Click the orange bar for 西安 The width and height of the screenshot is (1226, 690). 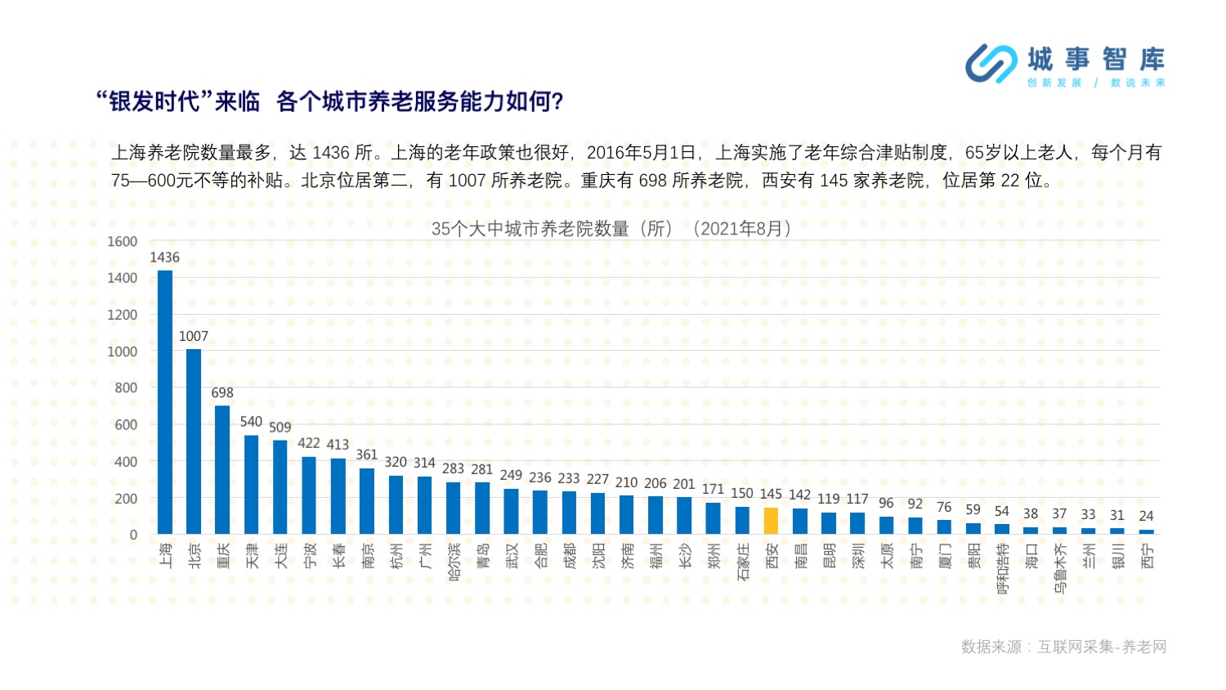771,520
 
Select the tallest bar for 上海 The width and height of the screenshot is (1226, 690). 165,402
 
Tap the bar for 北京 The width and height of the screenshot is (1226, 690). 194,441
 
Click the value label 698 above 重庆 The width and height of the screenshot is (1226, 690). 222,392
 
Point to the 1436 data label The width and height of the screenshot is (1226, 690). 165,258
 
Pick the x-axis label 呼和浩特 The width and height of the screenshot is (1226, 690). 1002,568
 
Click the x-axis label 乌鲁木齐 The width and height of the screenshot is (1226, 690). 1060,568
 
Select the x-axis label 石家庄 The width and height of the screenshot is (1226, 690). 742,562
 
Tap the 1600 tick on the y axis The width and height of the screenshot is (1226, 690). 122,241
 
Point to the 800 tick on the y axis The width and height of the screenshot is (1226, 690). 126,388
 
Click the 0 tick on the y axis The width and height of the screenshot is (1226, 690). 133,535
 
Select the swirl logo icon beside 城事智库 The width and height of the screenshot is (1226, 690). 991,64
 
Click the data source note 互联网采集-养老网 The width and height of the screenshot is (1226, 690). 1102,647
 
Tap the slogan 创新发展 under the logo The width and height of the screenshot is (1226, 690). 1054,83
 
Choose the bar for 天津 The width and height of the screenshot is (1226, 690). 251,485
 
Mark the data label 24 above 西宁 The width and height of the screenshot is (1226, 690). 1146,516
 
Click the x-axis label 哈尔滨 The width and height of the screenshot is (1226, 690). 454,562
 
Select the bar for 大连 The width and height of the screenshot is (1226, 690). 280,487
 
